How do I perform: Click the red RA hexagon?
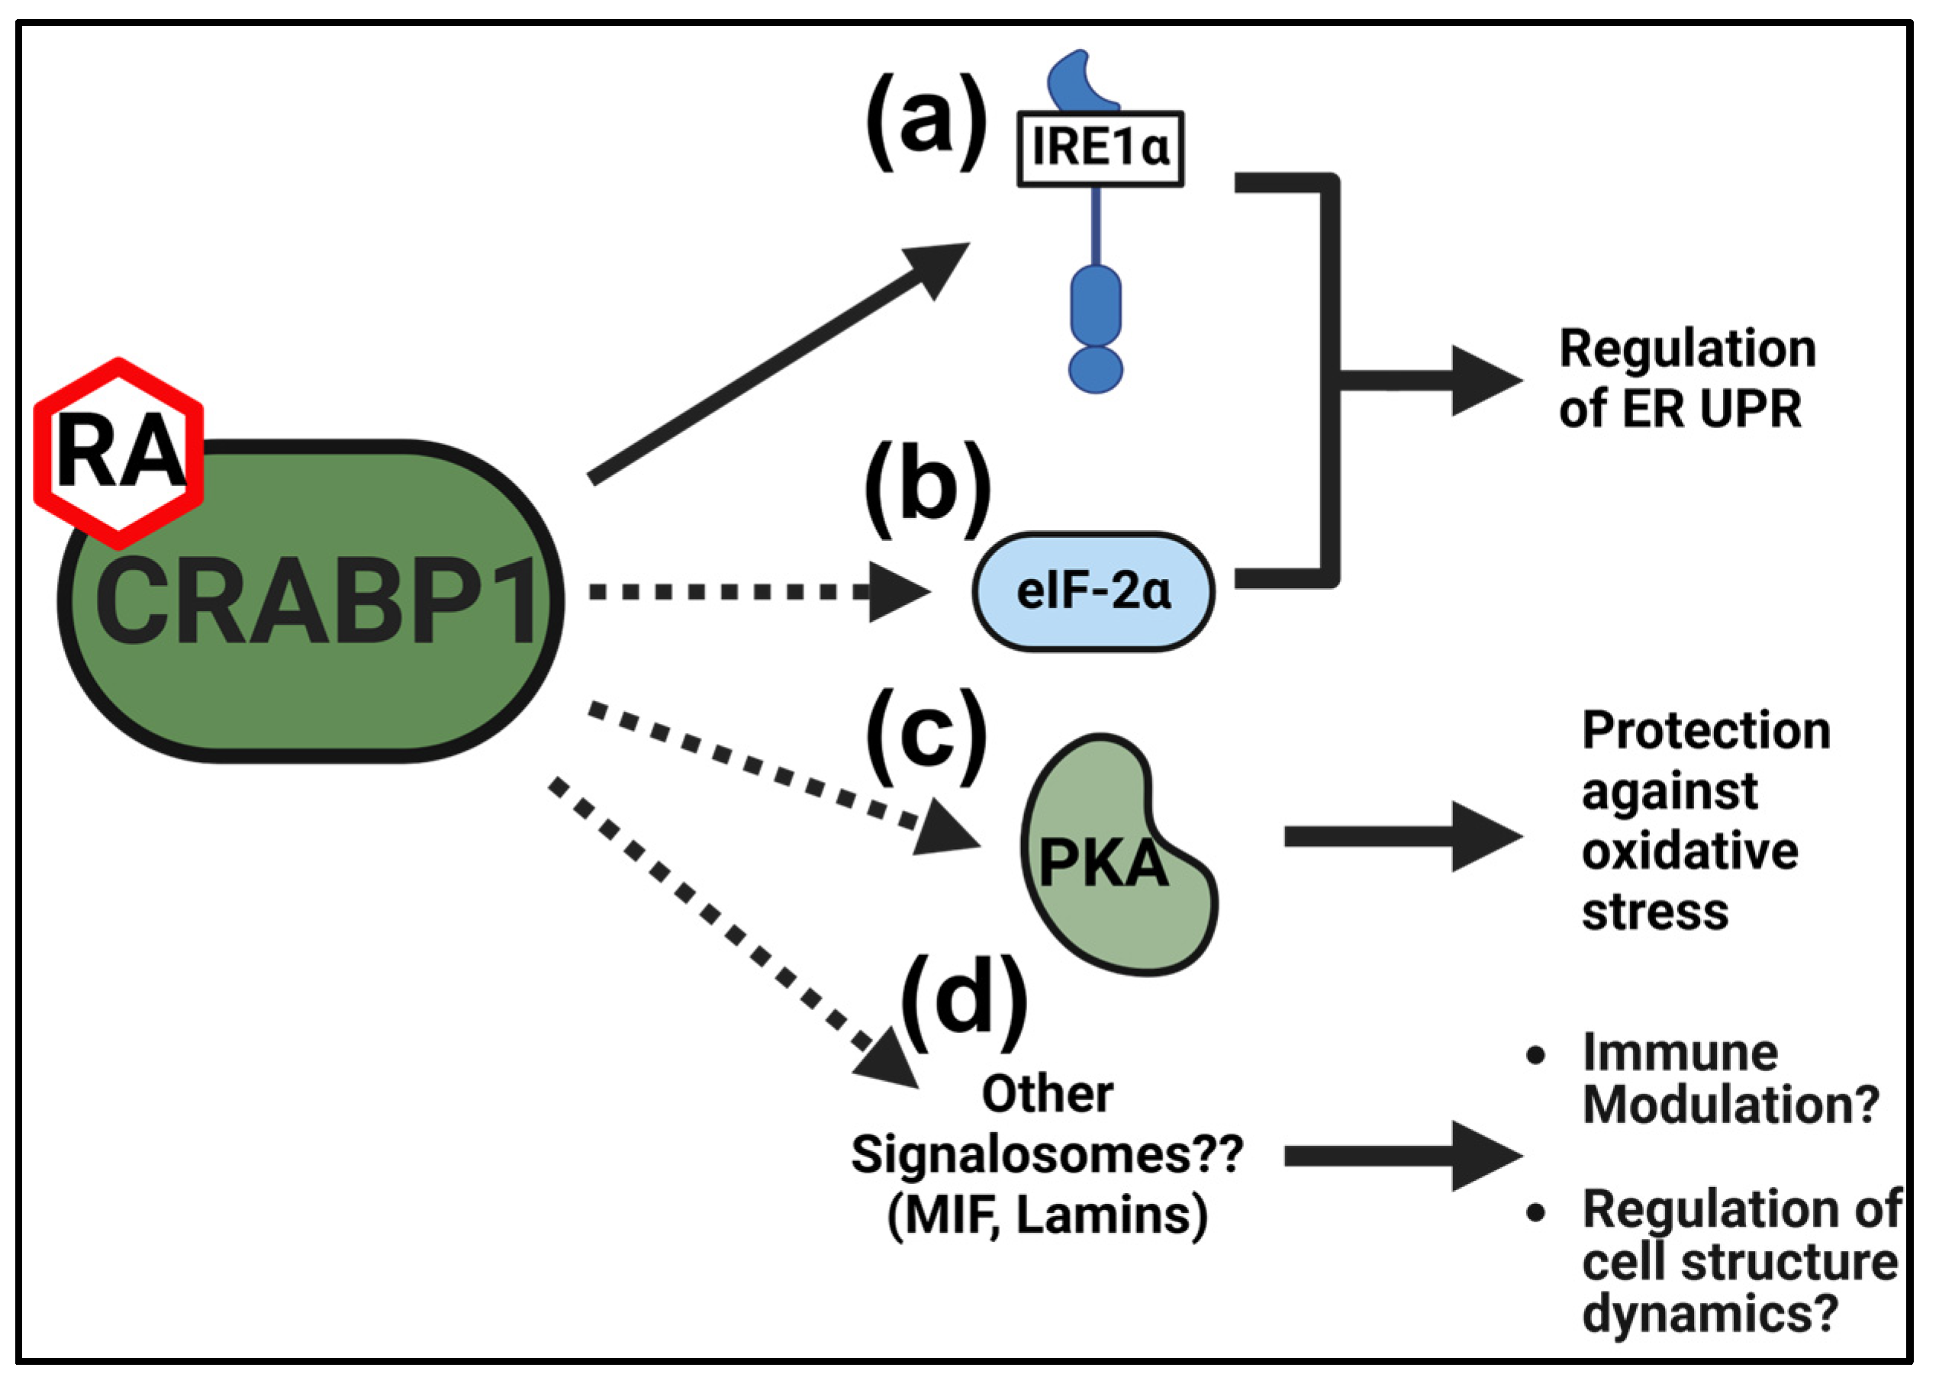[118, 453]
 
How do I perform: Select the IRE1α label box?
[1100, 149]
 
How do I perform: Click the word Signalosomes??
[1046, 1154]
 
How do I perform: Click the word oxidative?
[1689, 851]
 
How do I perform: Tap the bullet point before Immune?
[1535, 1055]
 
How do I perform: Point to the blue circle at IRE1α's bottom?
[1095, 369]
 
